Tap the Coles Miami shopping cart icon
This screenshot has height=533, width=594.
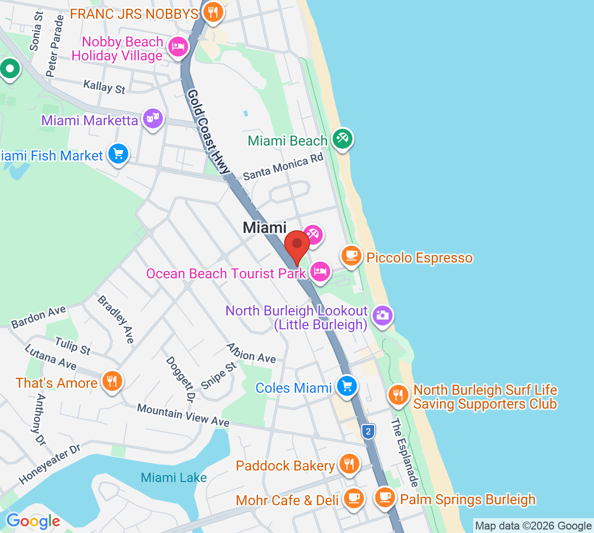pyautogui.click(x=346, y=386)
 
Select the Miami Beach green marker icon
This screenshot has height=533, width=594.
pyautogui.click(x=342, y=139)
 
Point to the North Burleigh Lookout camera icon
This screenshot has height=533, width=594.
pyautogui.click(x=382, y=315)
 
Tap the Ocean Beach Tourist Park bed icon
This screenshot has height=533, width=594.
pyautogui.click(x=320, y=271)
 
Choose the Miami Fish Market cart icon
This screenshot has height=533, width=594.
pyautogui.click(x=118, y=154)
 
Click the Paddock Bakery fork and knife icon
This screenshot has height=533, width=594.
pyautogui.click(x=349, y=464)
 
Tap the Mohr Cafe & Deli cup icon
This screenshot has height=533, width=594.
pyautogui.click(x=353, y=498)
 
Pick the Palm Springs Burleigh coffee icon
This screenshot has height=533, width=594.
pyautogui.click(x=385, y=497)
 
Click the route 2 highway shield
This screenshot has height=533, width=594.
pyautogui.click(x=368, y=431)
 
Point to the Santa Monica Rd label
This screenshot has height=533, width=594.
pyautogui.click(x=283, y=167)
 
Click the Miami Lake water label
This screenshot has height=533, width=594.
pyautogui.click(x=174, y=478)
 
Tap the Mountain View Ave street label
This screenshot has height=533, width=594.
pyautogui.click(x=183, y=415)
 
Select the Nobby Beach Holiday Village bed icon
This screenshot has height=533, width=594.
pyautogui.click(x=178, y=48)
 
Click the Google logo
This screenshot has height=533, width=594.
pyautogui.click(x=33, y=521)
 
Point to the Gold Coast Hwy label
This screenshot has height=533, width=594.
pyautogui.click(x=208, y=132)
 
